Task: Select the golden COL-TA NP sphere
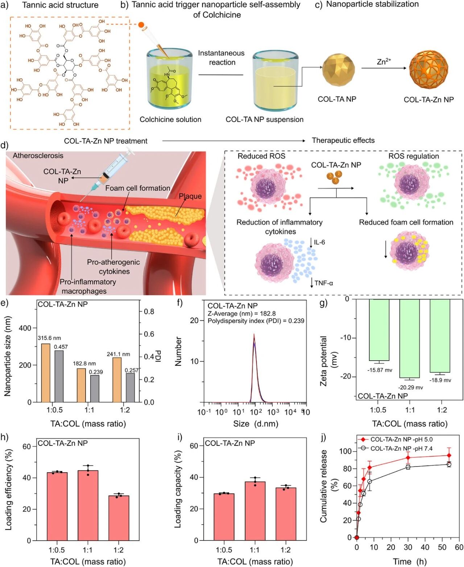(x=337, y=70)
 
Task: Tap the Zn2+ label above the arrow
(x=384, y=62)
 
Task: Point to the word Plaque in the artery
(x=190, y=196)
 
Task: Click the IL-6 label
(x=319, y=242)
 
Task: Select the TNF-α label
(x=323, y=283)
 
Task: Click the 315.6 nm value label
(x=49, y=338)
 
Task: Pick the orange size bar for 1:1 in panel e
(x=81, y=385)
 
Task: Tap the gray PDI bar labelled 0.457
(x=59, y=376)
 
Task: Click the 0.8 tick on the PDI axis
(x=149, y=312)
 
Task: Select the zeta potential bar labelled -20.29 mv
(x=410, y=338)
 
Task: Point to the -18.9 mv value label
(x=440, y=380)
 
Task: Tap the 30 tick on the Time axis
(x=408, y=547)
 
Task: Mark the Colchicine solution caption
(x=170, y=119)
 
